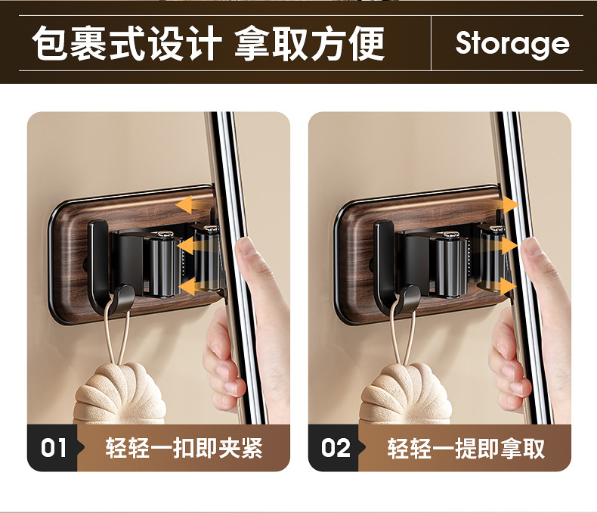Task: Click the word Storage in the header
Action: (512, 43)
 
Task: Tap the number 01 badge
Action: (53, 447)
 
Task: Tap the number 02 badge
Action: (335, 447)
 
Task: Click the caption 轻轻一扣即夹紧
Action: (184, 448)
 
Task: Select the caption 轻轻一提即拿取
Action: (466, 448)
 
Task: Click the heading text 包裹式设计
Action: (127, 43)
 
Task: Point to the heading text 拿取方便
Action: (309, 43)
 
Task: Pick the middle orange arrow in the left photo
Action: (190, 246)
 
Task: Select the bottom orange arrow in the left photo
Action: (190, 287)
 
